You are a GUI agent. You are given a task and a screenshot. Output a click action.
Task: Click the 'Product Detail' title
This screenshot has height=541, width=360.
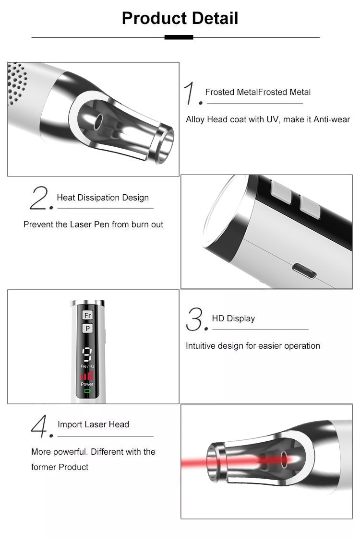(x=180, y=18)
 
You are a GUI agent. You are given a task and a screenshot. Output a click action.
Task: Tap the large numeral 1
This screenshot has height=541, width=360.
(x=191, y=93)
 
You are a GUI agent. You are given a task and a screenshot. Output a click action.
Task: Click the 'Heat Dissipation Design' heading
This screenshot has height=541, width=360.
(x=103, y=198)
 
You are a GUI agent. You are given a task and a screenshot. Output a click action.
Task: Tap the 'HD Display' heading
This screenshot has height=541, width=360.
(x=233, y=318)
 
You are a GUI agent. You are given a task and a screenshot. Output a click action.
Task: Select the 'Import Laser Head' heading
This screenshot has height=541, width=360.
(x=94, y=424)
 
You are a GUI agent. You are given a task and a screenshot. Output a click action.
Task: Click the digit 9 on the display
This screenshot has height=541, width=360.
(x=87, y=355)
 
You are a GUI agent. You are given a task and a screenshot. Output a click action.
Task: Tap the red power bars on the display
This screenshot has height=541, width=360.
(x=87, y=376)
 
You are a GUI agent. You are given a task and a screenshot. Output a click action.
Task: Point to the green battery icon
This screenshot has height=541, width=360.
(x=87, y=391)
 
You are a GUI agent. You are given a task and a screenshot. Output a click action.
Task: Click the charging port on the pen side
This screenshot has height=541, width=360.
(x=304, y=271)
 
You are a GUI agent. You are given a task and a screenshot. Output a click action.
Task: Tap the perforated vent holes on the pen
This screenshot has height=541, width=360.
(x=17, y=83)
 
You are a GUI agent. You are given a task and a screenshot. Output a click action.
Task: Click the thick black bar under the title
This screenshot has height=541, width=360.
(x=179, y=37)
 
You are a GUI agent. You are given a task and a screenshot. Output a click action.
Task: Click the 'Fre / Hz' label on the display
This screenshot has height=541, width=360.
(x=87, y=366)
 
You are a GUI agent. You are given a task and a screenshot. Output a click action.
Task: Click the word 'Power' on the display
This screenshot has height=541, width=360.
(x=87, y=384)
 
